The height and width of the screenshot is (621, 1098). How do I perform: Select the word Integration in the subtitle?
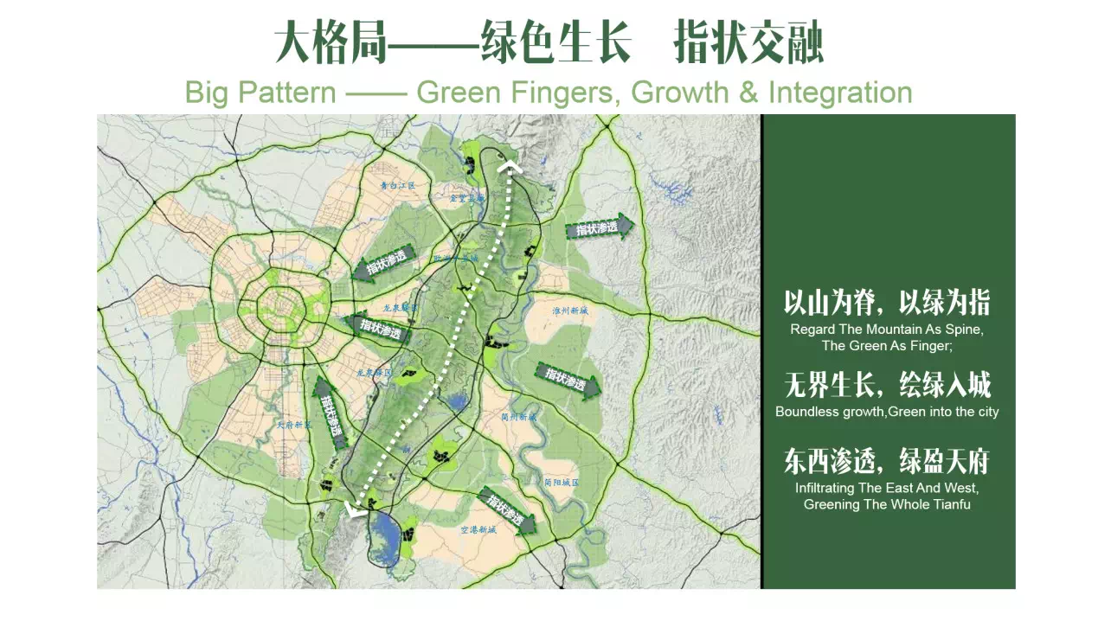point(839,93)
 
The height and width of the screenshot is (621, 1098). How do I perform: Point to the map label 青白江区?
point(399,185)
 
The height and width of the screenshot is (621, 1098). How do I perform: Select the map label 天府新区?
point(293,425)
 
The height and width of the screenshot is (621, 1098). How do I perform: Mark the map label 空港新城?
point(478,528)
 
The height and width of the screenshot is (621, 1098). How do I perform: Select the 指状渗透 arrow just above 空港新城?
point(507,510)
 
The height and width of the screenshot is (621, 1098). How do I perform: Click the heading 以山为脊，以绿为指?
point(887,304)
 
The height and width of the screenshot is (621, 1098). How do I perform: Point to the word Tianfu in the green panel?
point(950,504)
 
